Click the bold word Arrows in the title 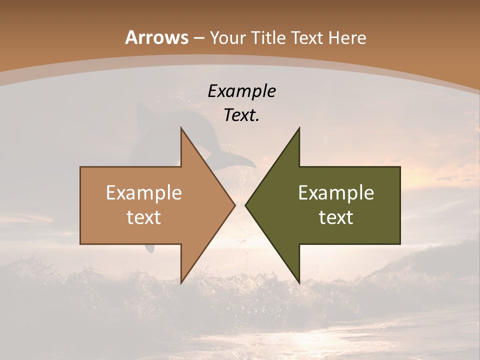(156, 37)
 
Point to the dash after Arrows (198, 38)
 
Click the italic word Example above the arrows (241, 91)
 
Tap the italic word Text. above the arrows (241, 115)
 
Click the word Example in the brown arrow (144, 193)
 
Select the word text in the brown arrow (144, 217)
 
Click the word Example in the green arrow (336, 193)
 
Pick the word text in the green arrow (336, 217)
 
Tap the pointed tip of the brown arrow (234, 205)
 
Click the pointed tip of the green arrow (246, 205)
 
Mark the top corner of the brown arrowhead (181, 128)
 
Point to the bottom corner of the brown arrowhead (181, 282)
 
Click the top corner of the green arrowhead (299, 128)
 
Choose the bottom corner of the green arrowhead (299, 282)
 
